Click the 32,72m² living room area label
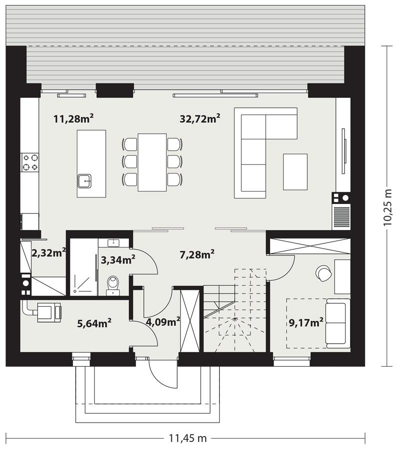[200, 118]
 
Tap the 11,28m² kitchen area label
[74, 118]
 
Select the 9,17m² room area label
[306, 322]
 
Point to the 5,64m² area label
[94, 323]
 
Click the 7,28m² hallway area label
[197, 254]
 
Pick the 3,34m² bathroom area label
[118, 260]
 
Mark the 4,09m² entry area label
[163, 322]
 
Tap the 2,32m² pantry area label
[49, 253]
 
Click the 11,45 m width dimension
[188, 438]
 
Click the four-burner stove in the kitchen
[30, 162]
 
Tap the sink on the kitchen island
[84, 181]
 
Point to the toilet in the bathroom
[113, 285]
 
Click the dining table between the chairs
[152, 162]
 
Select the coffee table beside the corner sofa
[295, 172]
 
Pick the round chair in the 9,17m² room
[324, 273]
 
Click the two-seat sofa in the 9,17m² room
[338, 323]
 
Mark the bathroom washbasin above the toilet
[113, 243]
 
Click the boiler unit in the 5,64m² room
[49, 312]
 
